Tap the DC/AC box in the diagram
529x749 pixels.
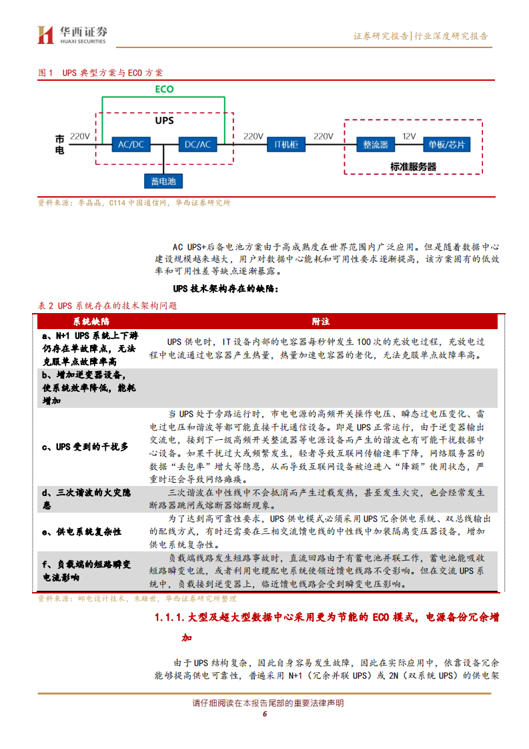tap(197, 144)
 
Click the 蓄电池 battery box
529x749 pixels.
tap(163, 181)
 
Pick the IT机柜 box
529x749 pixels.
tap(287, 144)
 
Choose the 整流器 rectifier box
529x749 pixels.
tap(376, 144)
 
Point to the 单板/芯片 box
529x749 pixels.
tap(446, 144)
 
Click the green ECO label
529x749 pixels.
tap(164, 89)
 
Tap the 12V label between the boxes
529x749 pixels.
tap(409, 136)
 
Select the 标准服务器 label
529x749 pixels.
tap(413, 167)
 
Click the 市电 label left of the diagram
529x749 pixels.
tap(60, 145)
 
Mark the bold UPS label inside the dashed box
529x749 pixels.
tap(164, 121)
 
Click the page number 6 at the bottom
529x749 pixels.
tap(264, 714)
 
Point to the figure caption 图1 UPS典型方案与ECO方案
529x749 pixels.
tap(100, 73)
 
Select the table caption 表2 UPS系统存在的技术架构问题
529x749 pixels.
tap(107, 305)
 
